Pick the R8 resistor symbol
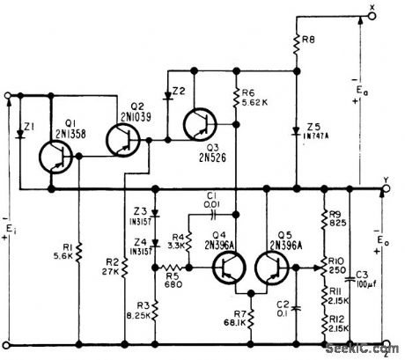[297, 41]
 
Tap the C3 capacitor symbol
[350, 263]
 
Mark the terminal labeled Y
[385, 187]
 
